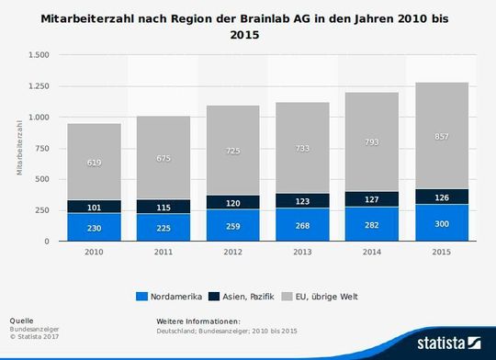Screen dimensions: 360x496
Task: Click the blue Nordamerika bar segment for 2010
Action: point(94,227)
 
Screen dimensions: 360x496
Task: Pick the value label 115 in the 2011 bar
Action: point(163,207)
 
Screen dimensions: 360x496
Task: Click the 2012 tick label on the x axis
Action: point(234,251)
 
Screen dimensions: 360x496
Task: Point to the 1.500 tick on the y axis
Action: point(38,54)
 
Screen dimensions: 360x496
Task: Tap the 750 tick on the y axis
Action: point(42,148)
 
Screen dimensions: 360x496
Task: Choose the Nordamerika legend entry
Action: point(169,296)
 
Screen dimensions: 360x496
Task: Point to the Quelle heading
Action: point(21,321)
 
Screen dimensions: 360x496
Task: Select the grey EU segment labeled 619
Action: point(94,162)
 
